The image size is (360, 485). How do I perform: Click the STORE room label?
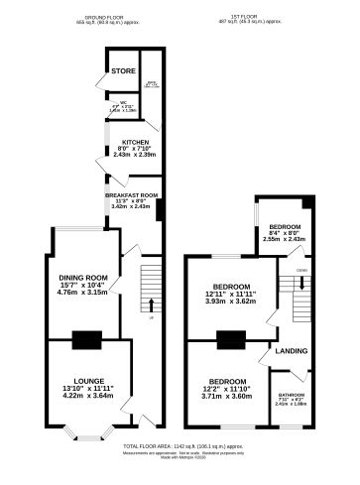pyautogui.click(x=124, y=71)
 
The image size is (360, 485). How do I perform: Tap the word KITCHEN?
pyautogui.click(x=135, y=142)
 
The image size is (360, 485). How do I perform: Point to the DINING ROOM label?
pyautogui.click(x=81, y=277)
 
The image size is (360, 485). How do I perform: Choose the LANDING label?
pyautogui.click(x=292, y=351)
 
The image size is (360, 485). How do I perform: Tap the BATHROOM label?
pyautogui.click(x=292, y=393)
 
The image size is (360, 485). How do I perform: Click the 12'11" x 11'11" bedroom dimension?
pyautogui.click(x=229, y=295)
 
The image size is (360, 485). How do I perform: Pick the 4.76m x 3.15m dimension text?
pyautogui.click(x=81, y=293)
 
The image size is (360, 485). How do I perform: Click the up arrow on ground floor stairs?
pyautogui.click(x=151, y=304)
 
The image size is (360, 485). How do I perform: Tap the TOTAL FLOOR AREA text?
pyautogui.click(x=180, y=447)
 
